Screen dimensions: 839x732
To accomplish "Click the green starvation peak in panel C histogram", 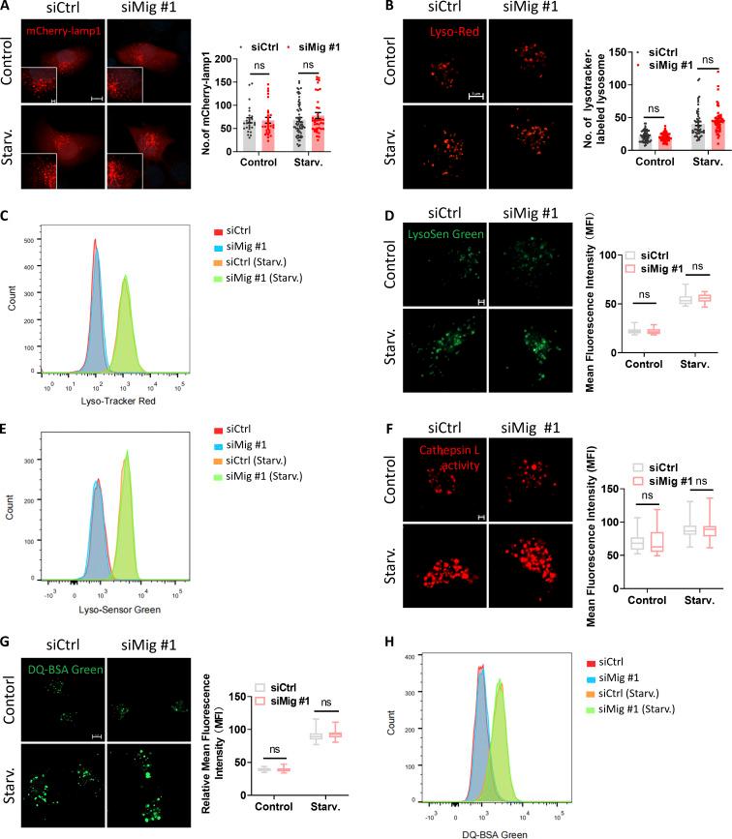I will [x=125, y=310].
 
